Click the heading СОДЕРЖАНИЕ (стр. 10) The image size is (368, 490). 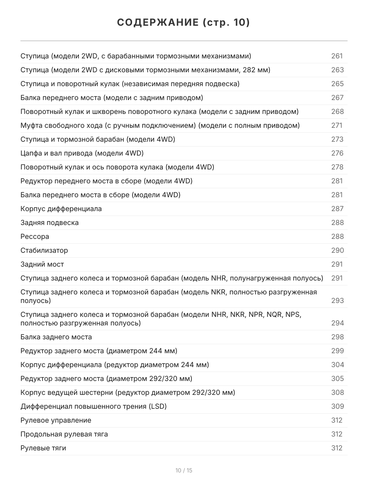(x=184, y=22)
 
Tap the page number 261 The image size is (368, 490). (x=337, y=56)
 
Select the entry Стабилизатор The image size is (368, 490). (x=44, y=250)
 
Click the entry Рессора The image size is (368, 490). (x=35, y=236)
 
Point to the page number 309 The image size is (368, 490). (x=337, y=406)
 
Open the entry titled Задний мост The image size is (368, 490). (x=42, y=264)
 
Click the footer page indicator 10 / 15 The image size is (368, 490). (x=184, y=470)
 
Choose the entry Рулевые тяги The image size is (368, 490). (x=43, y=448)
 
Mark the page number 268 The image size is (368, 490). (x=337, y=111)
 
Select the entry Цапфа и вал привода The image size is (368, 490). (x=82, y=153)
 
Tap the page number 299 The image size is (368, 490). (x=337, y=351)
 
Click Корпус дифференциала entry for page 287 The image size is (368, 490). (x=61, y=209)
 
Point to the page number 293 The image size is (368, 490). (x=337, y=301)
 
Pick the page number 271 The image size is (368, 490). (x=337, y=125)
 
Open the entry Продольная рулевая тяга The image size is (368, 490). (x=64, y=434)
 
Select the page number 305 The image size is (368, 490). (x=337, y=379)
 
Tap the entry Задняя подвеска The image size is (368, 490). (x=49, y=223)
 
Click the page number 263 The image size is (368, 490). (x=337, y=70)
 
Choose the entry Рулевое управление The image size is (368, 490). (x=56, y=420)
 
